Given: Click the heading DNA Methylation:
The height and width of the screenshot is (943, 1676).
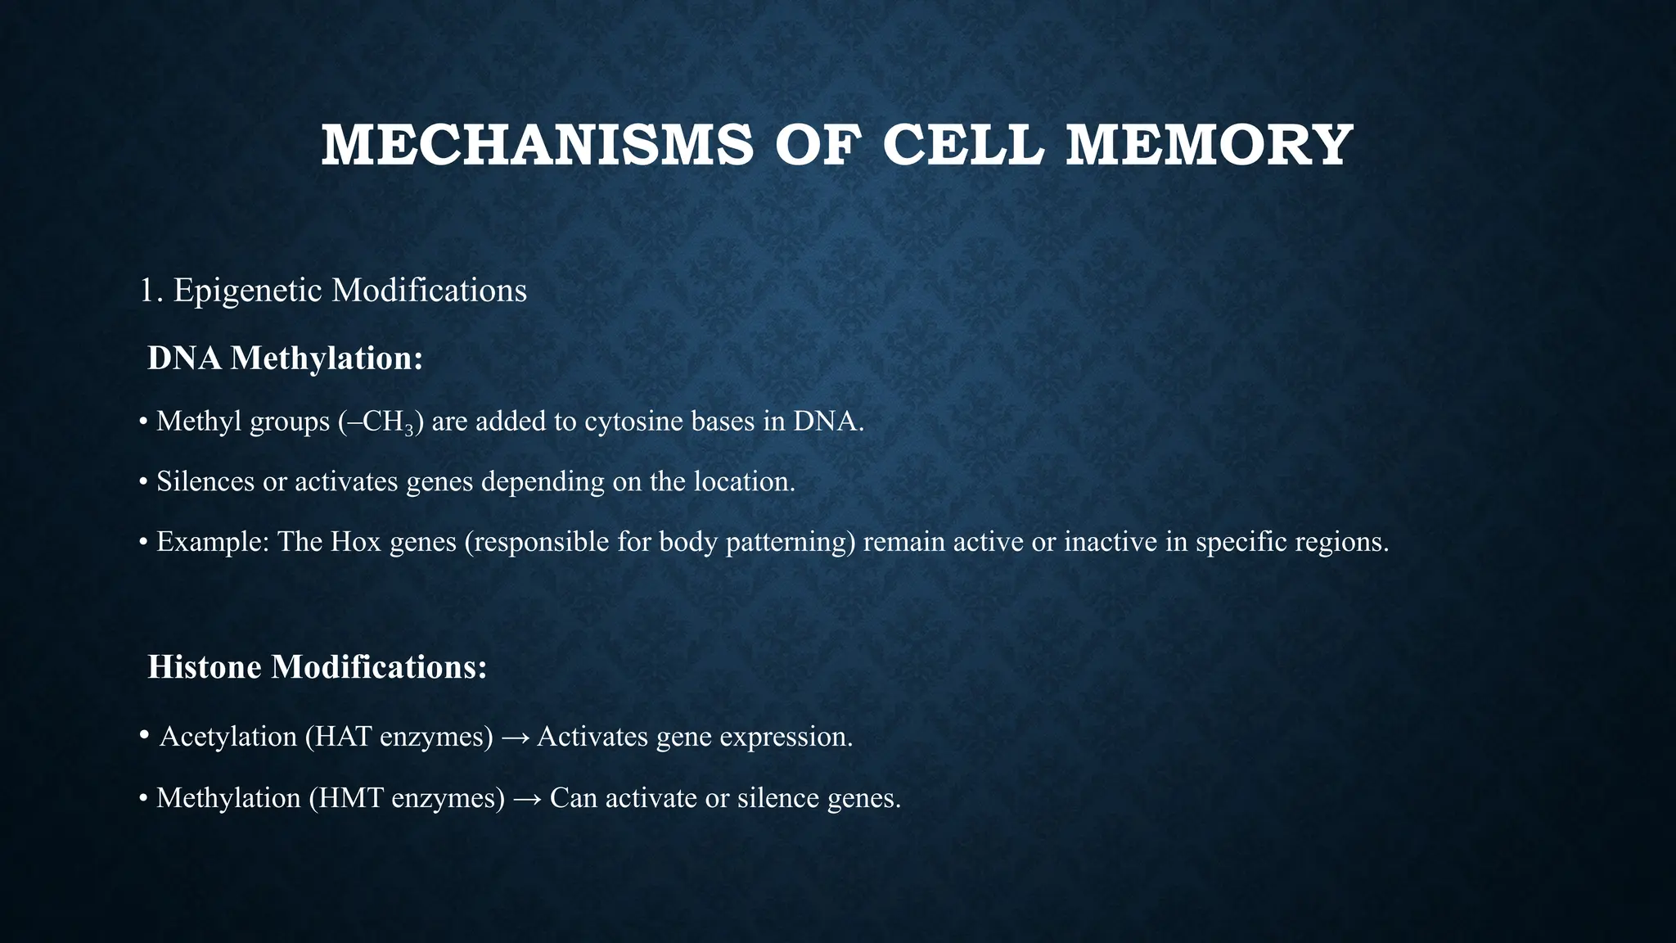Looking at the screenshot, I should (285, 359).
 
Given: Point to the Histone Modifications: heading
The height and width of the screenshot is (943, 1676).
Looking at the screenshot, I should (317, 667).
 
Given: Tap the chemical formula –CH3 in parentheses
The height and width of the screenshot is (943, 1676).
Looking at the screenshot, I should (381, 422).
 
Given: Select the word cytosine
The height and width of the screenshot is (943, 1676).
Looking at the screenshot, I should (633, 422).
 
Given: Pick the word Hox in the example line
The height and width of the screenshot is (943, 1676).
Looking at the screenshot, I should (356, 542).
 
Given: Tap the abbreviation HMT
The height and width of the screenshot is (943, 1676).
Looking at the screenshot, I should (351, 798).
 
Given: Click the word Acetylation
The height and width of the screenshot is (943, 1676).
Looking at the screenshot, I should (228, 737).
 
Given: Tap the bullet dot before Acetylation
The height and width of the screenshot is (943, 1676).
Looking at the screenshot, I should (144, 735).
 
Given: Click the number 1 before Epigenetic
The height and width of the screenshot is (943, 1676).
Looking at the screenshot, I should (146, 291).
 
